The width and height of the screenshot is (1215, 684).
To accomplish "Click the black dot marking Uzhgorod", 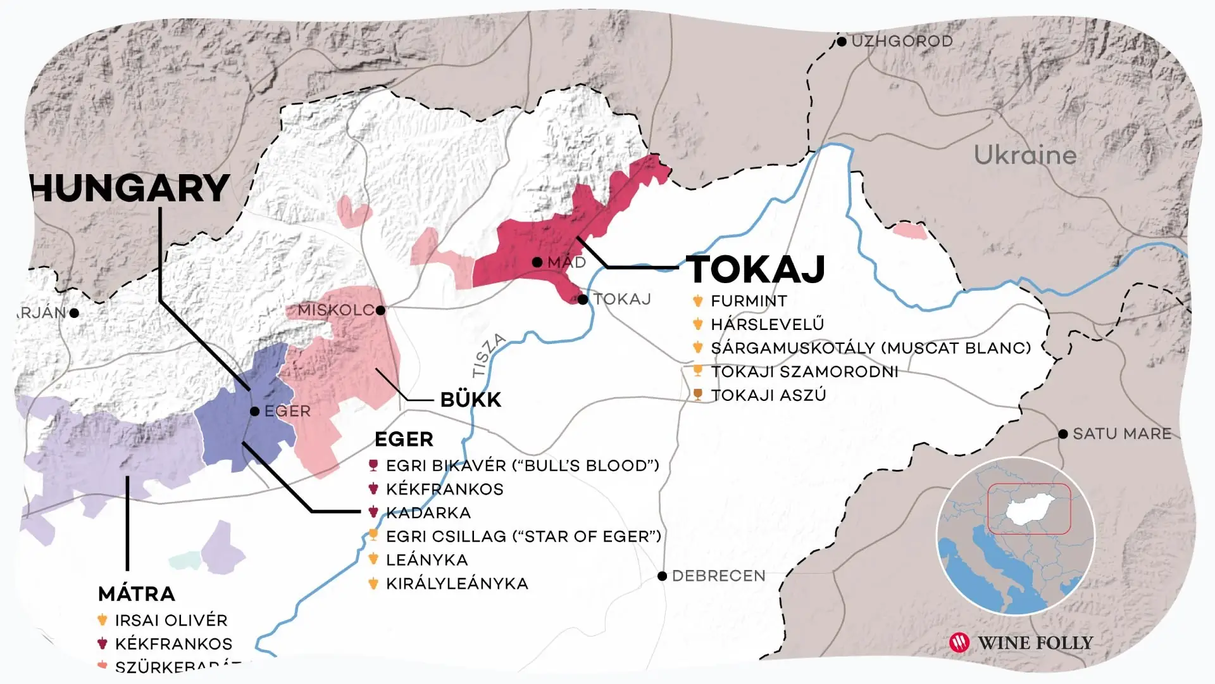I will [842, 42].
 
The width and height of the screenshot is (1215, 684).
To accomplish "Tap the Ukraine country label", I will [1025, 155].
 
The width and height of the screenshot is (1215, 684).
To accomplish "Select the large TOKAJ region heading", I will [756, 269].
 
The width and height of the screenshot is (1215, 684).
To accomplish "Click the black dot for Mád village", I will [537, 262].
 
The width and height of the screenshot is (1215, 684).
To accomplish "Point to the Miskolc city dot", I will [380, 310].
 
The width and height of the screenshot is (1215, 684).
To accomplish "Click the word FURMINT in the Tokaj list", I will [749, 301].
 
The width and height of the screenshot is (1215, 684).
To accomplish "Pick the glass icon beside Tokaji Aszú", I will [698, 395].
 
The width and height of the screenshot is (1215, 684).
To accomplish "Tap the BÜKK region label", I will [470, 400].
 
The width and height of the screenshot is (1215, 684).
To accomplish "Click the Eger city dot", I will [254, 412].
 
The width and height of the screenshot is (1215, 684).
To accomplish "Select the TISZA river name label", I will [489, 355].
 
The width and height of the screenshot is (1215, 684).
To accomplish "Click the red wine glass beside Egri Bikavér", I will [373, 466].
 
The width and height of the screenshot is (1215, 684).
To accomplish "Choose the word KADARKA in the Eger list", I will [428, 513].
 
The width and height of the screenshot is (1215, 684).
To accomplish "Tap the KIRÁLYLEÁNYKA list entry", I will [457, 584].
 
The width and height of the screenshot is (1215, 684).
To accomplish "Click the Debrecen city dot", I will [662, 576].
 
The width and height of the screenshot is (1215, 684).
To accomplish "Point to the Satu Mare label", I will [1121, 434].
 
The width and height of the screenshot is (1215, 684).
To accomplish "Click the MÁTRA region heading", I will [137, 594].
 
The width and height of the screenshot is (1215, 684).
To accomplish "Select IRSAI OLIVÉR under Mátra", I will [171, 621].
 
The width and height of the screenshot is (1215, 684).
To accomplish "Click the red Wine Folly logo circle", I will [959, 643].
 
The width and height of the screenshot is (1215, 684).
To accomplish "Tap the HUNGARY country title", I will [130, 188].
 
